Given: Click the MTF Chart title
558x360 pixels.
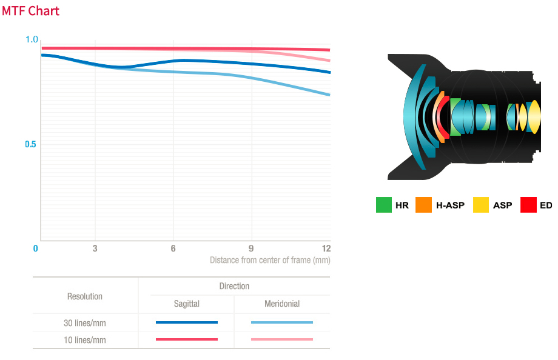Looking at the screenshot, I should (30, 11).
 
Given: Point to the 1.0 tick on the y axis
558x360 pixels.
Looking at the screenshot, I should (32, 39).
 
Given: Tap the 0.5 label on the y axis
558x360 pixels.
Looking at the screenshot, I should (31, 144).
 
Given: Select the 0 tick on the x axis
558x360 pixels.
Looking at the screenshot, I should (36, 248).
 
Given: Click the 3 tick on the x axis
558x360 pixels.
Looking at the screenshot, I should (95, 248).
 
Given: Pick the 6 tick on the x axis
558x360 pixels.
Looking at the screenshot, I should (173, 248).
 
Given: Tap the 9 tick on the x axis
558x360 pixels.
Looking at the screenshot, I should (251, 248).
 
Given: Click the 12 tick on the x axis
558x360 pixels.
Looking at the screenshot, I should (326, 248).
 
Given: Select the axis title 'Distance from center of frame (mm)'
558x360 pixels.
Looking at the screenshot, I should (270, 260).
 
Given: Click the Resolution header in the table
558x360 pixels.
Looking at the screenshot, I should (85, 296).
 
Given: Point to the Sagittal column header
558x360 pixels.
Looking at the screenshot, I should (186, 304).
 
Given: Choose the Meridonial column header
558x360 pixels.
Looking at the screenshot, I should (282, 304).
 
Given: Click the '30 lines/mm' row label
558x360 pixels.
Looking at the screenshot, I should (85, 323).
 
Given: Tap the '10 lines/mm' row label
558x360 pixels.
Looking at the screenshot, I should (85, 340).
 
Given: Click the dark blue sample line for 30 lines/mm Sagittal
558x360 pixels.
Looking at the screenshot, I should (186, 322).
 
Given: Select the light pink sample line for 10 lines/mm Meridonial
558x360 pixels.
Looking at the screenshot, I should (282, 339).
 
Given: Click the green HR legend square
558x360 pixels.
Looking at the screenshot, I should (384, 205).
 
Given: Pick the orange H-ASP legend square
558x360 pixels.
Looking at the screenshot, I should (424, 205).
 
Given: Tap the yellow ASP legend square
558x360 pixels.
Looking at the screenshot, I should (481, 205).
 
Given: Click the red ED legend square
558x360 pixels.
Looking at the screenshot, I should (528, 205).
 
